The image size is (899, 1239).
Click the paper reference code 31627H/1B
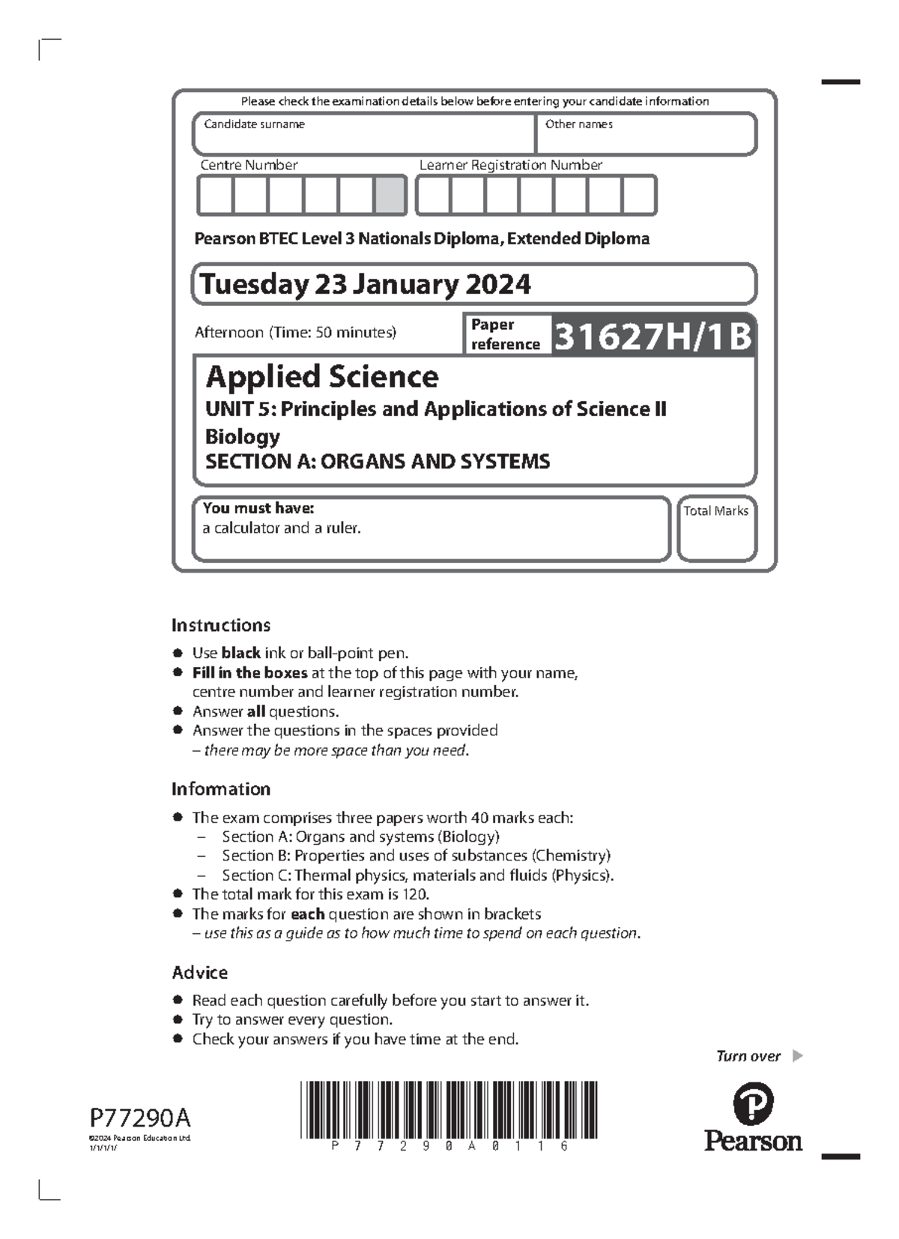coord(652,336)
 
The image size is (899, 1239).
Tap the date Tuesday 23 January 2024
coord(365,284)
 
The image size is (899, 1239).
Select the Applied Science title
coord(322,376)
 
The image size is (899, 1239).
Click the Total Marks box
coord(716,529)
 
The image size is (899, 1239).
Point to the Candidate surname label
coord(254,124)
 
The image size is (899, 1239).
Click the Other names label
coord(578,124)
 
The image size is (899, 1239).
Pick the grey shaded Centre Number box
coord(390,195)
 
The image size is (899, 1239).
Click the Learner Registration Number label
coord(510,165)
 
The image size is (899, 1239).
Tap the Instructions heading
coord(221,625)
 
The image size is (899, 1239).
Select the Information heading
coord(221,789)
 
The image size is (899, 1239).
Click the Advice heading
coord(199,972)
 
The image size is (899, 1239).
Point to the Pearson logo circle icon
coord(752,1103)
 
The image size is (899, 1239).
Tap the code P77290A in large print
coord(140,1118)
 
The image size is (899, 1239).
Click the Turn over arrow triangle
coord(797,1056)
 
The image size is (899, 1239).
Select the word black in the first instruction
coord(240,653)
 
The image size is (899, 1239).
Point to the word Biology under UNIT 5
coord(243,436)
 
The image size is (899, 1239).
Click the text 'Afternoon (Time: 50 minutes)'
coord(295,332)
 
